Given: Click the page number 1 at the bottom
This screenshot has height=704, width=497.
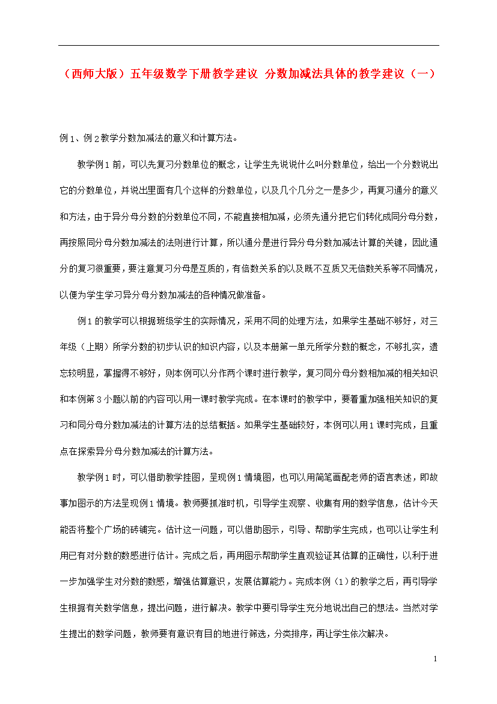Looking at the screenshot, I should point(435,659).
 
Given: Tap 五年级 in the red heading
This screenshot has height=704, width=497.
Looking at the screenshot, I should point(148,74).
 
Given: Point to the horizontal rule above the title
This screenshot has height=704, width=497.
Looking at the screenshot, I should point(248,45).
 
